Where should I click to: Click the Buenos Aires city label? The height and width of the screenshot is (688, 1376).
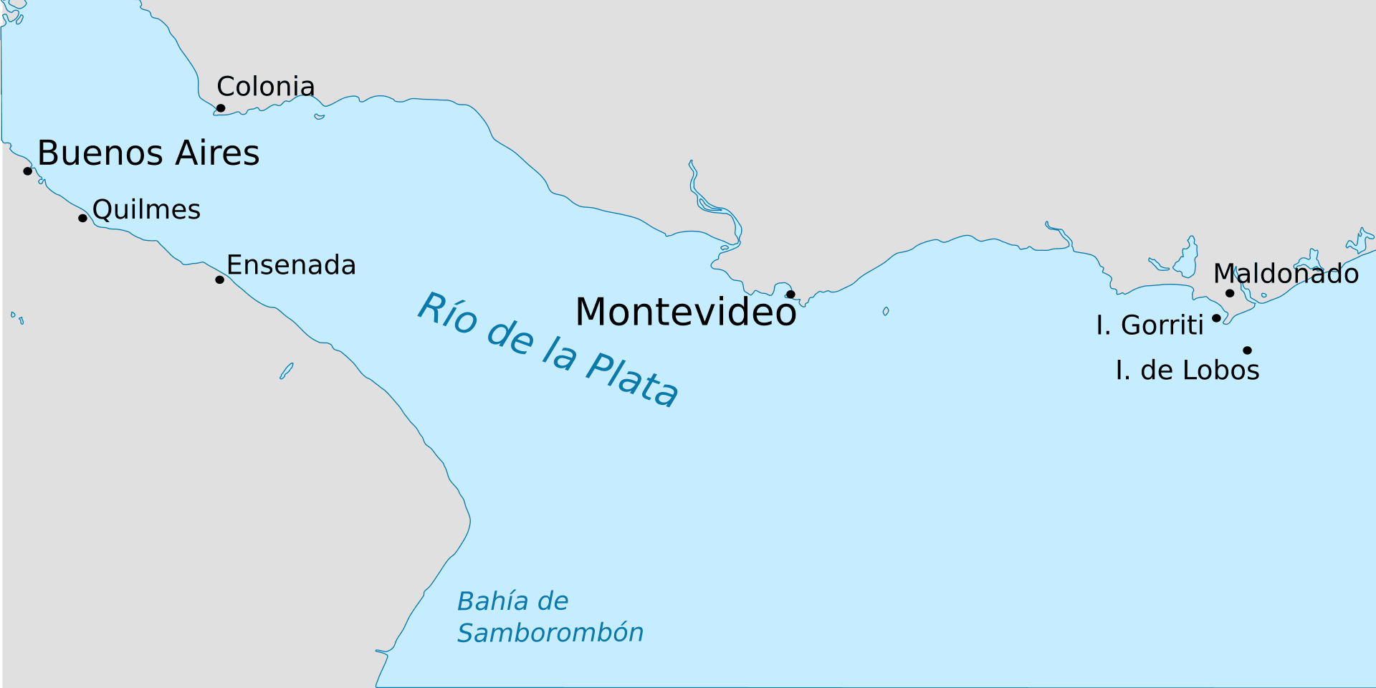click(x=148, y=153)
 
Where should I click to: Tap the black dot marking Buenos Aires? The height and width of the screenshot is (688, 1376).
click(x=28, y=171)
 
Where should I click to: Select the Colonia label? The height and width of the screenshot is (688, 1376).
click(x=265, y=87)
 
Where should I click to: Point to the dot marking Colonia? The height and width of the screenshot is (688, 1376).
click(x=221, y=108)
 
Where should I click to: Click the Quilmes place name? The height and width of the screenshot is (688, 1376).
click(x=146, y=210)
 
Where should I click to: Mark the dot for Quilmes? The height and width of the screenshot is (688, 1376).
click(x=82, y=218)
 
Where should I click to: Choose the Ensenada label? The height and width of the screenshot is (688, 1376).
click(x=291, y=265)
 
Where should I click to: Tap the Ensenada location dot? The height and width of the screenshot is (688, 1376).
click(x=219, y=279)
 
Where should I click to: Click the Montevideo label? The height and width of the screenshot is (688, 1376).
click(x=685, y=312)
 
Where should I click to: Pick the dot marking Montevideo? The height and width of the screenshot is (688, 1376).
click(x=790, y=294)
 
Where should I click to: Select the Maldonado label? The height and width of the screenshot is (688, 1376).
click(x=1286, y=274)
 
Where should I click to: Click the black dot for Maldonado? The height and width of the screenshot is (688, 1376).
click(x=1230, y=293)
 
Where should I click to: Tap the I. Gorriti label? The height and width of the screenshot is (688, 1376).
click(x=1150, y=325)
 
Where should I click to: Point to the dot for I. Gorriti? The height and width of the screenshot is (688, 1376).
click(x=1216, y=318)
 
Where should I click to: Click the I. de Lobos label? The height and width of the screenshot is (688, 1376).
click(x=1188, y=371)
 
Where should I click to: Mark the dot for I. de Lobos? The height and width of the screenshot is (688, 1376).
click(x=1248, y=350)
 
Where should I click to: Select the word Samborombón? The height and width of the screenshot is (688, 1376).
click(x=550, y=633)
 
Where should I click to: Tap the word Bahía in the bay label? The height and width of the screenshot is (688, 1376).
click(x=487, y=601)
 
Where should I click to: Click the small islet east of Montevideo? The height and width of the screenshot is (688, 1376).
click(x=886, y=311)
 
